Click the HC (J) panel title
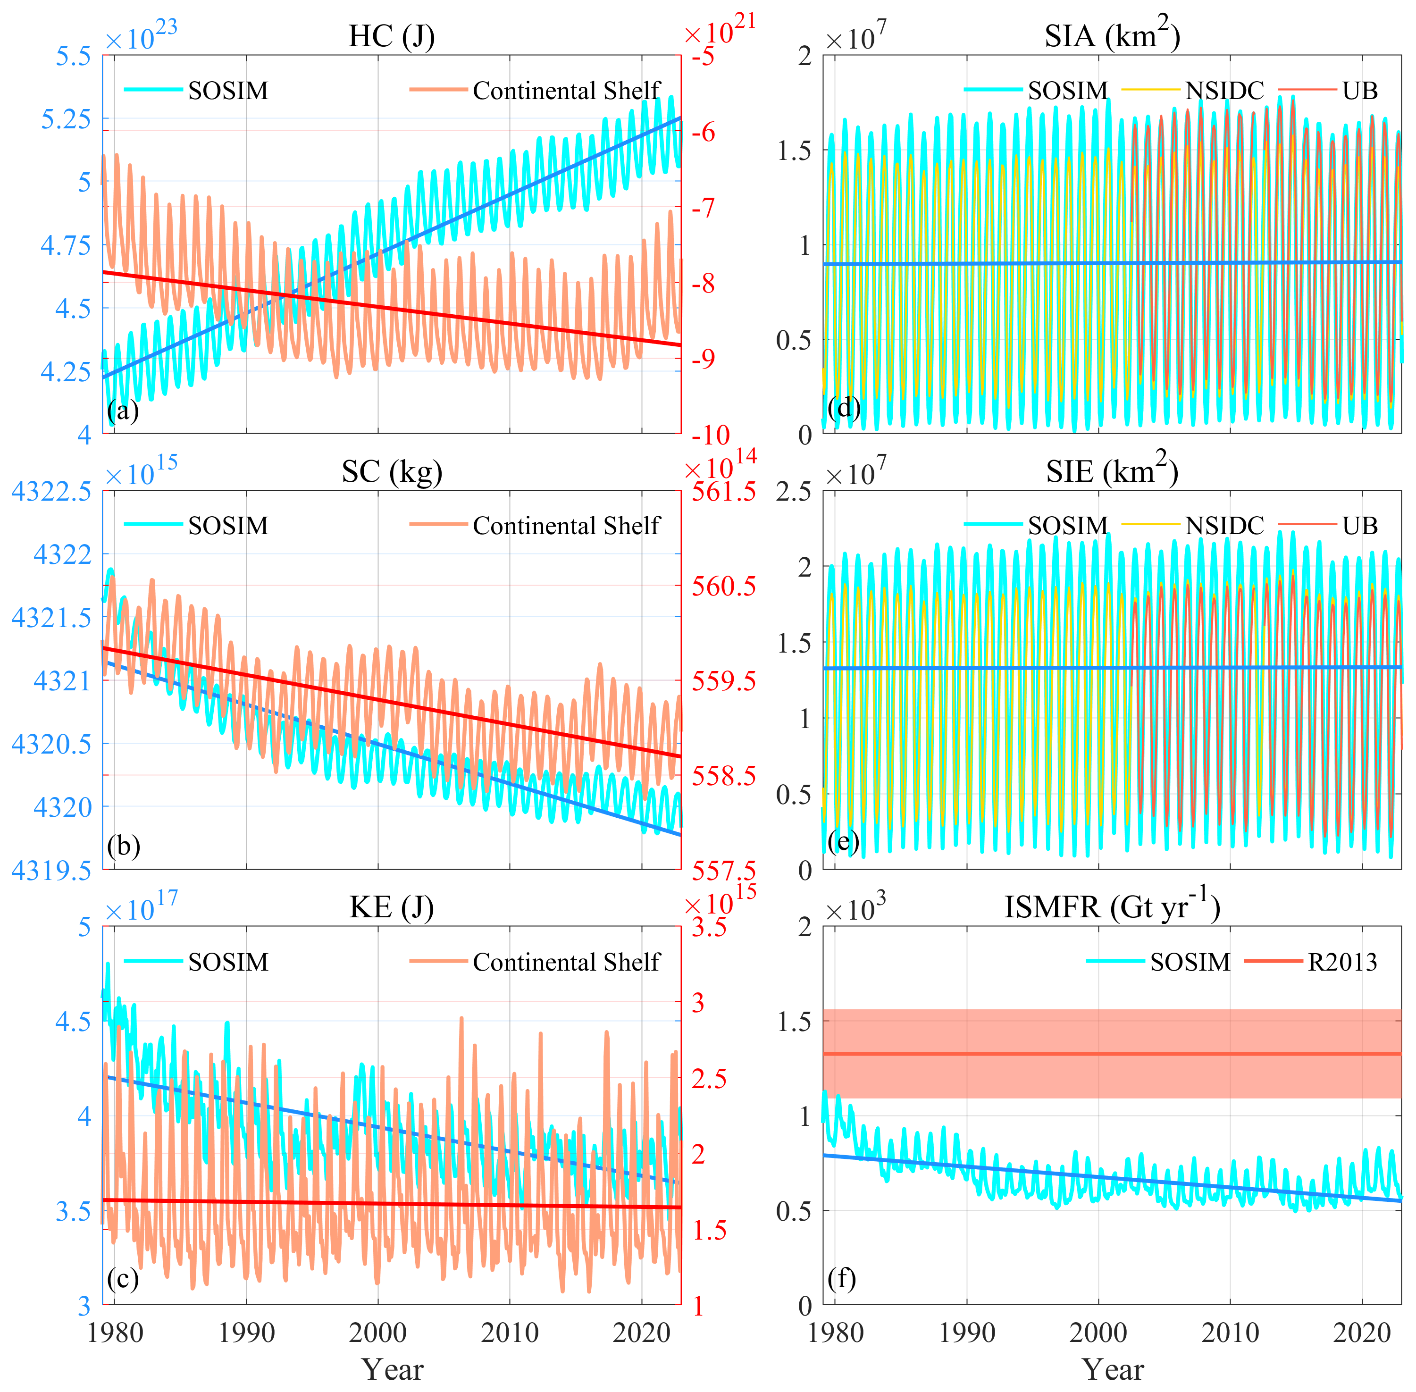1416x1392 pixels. point(392,36)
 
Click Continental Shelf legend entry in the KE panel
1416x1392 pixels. point(566,962)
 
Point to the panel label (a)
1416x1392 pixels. point(123,410)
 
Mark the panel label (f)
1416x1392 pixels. point(842,1279)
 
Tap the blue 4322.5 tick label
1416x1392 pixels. point(51,491)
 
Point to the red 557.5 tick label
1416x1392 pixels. point(724,871)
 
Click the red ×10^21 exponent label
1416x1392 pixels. point(720,32)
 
